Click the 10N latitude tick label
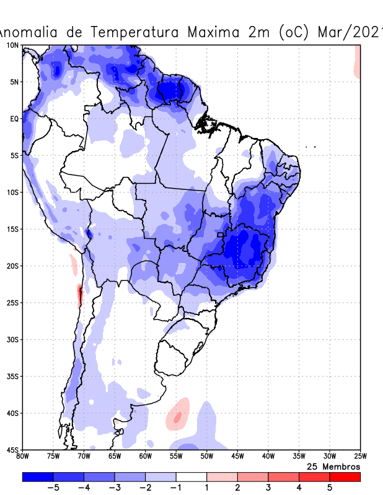tap(12, 45)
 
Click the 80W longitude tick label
tap(22, 457)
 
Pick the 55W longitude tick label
tap(176, 457)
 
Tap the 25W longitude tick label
tap(360, 457)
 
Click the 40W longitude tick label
tap(268, 457)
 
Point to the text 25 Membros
tap(333, 466)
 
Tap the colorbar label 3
tap(268, 488)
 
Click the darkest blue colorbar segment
tap(37, 476)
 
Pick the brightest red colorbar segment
tap(345, 476)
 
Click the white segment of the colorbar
tap(191, 476)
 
